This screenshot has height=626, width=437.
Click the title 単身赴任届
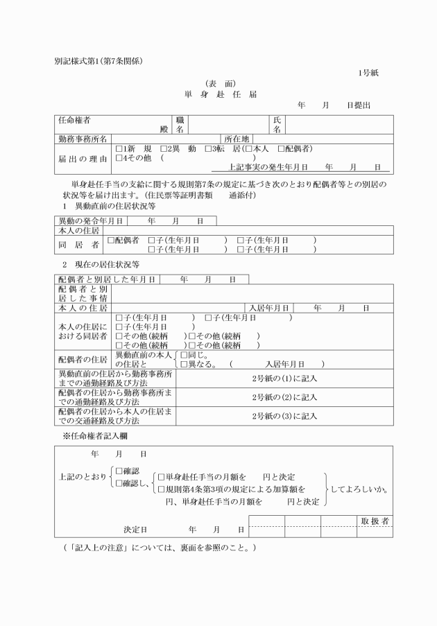220,94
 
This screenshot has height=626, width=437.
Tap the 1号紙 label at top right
368,73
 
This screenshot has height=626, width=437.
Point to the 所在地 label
236,139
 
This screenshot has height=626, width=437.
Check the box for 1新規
119,148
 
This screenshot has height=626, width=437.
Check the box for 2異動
163,148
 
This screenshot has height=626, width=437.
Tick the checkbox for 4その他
119,157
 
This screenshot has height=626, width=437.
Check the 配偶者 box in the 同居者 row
111,240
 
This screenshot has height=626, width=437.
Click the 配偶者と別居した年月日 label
106,279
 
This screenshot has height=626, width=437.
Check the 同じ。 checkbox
183,354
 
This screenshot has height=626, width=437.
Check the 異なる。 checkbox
183,364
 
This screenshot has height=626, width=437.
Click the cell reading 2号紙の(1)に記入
284,379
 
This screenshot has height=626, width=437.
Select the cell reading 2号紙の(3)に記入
284,416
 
